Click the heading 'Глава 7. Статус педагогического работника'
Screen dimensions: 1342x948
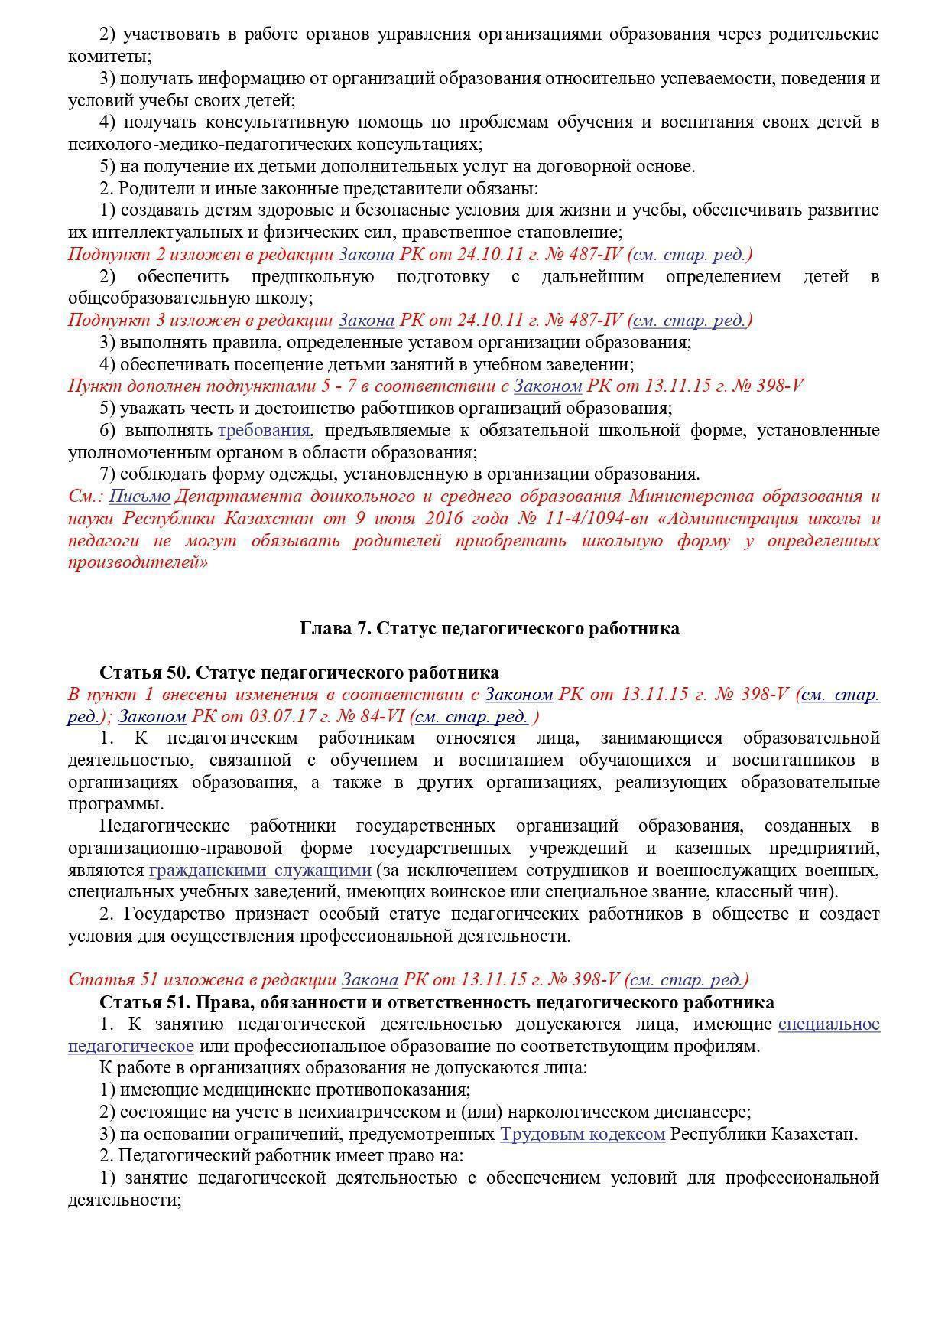489,628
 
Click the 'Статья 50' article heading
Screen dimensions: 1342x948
299,673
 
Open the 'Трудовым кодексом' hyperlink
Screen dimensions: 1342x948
583,1135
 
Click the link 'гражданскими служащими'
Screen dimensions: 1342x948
260,871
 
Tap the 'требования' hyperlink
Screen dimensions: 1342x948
264,430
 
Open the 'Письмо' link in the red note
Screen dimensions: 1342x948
139,497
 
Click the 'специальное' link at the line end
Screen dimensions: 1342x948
829,1024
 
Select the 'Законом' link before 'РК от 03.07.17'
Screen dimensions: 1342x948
153,717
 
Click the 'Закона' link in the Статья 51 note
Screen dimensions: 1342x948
369,980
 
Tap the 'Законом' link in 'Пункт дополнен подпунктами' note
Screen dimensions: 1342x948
547,386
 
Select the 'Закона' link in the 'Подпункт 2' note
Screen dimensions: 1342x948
366,254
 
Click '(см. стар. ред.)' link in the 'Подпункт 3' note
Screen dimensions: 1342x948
692,321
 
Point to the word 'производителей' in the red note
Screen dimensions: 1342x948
138,563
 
